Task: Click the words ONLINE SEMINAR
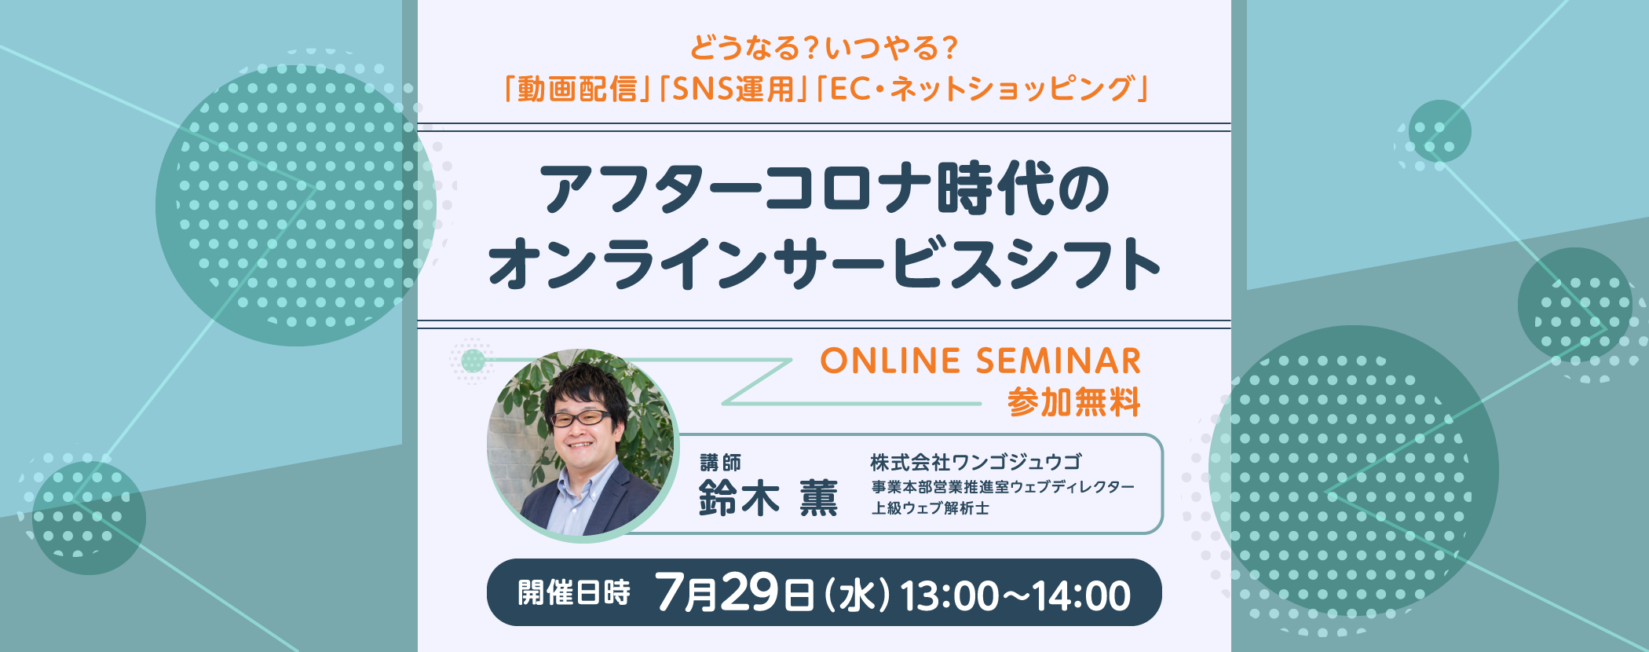[x=981, y=361]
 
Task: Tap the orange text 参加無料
[x=1073, y=403]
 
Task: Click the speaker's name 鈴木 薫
[x=769, y=498]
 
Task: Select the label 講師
[x=720, y=463]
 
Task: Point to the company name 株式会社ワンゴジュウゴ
[x=976, y=462]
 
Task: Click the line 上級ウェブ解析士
[x=930, y=508]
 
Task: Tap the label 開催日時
[x=574, y=593]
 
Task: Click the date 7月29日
[x=734, y=592]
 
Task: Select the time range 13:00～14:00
[x=1015, y=595]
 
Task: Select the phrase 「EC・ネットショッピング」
[x=982, y=90]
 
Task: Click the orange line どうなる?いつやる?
[x=824, y=48]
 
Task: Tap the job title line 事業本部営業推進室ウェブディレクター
[x=1003, y=487]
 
